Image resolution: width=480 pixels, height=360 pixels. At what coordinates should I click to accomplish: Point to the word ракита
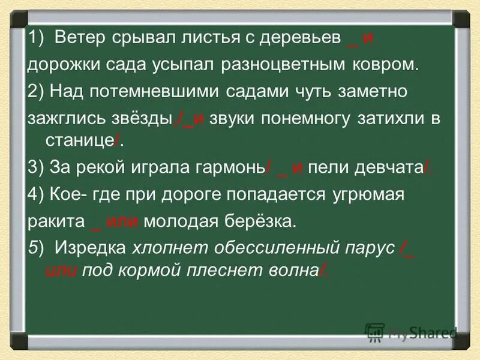pyautogui.click(x=55, y=221)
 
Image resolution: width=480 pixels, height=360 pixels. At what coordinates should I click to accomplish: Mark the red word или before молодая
pyautogui.click(x=122, y=221)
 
